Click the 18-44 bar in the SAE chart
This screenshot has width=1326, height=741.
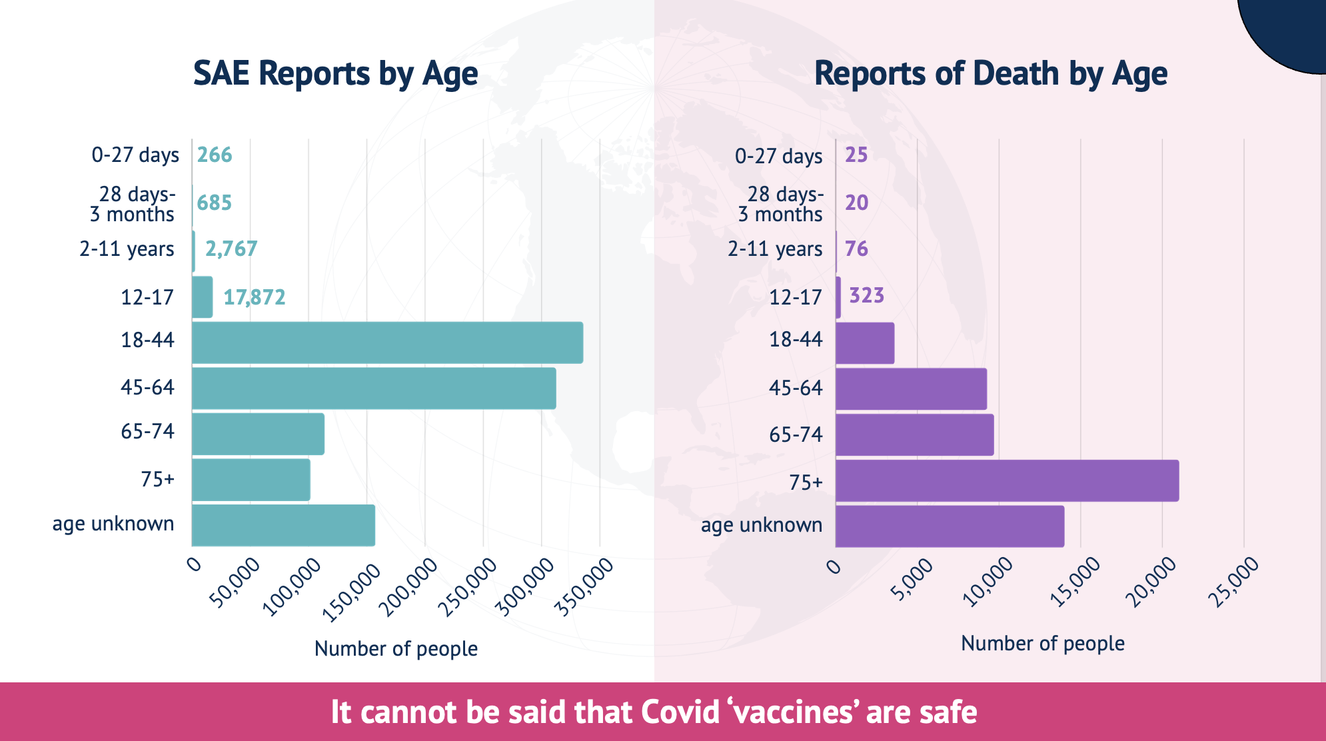coord(386,343)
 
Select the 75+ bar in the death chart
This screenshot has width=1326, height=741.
coord(1006,480)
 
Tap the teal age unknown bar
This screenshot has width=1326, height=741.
coord(283,525)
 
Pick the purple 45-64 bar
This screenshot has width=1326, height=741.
coord(911,388)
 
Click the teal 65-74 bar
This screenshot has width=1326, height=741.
coord(258,434)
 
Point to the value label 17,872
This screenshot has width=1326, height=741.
coord(254,297)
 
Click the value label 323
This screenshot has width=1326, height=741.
coord(866,295)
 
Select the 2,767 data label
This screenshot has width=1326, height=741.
coord(231,249)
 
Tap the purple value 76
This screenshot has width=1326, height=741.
coord(856,249)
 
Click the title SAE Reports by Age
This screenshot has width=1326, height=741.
coord(335,73)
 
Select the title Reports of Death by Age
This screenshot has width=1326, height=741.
coord(990,73)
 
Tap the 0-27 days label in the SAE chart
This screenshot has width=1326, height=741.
coord(135,155)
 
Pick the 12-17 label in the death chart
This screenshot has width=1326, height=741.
coord(796,297)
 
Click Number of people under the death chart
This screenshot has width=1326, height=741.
coord(1042,643)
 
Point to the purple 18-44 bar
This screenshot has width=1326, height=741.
coord(864,343)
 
